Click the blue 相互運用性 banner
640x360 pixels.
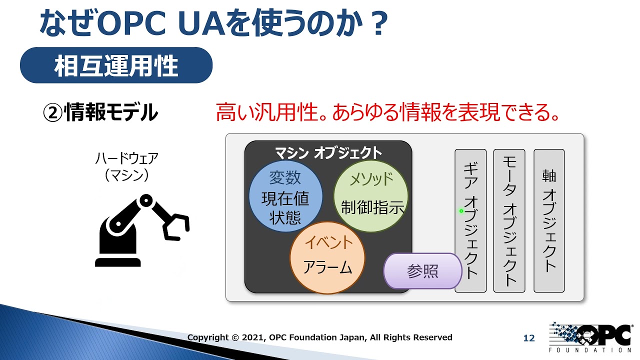point(116,65)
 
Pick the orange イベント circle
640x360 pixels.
point(327,257)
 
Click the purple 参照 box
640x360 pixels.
point(422,271)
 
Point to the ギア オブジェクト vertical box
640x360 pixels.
point(470,220)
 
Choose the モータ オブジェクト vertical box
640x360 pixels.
point(509,220)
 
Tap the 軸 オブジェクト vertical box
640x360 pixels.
point(549,220)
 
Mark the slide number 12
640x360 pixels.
point(529,338)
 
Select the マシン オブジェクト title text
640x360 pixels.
point(328,152)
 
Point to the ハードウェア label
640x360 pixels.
point(126,159)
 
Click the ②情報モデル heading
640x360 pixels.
point(100,113)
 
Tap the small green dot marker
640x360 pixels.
point(461,211)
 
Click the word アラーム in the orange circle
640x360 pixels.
point(327,268)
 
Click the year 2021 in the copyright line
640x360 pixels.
point(253,337)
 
